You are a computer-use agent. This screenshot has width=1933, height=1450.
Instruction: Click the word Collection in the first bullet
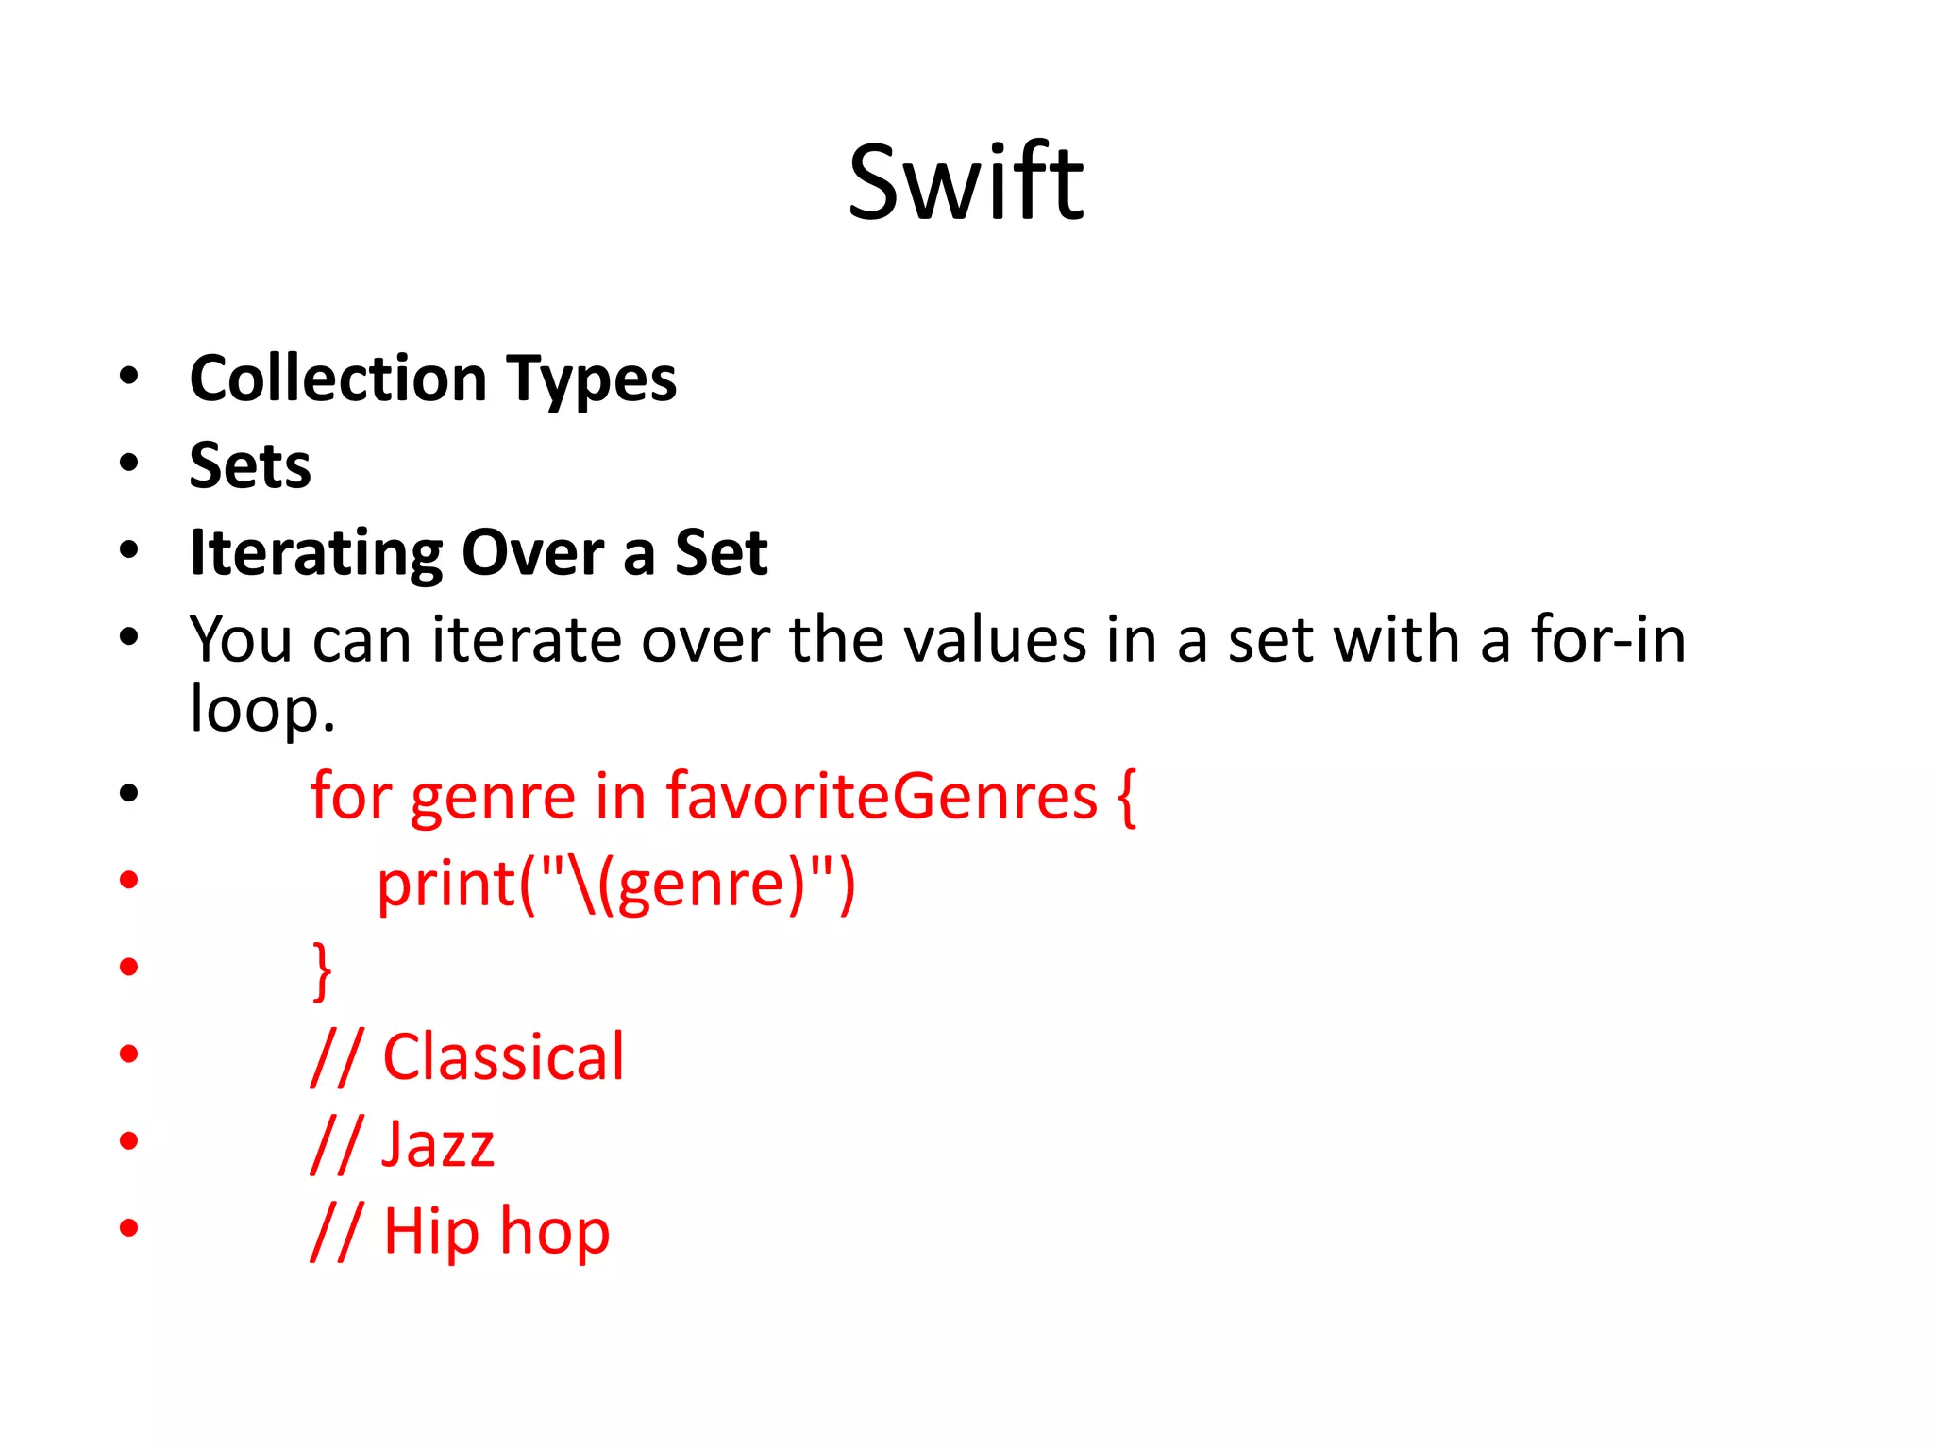click(338, 379)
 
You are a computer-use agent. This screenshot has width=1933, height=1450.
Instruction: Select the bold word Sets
click(250, 465)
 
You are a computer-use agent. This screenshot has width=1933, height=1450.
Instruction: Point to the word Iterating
click(316, 553)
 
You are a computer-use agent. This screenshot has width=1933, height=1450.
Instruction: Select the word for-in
click(1608, 640)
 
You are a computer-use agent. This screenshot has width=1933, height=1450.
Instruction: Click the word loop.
click(261, 710)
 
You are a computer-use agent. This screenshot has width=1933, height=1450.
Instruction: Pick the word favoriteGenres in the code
click(882, 796)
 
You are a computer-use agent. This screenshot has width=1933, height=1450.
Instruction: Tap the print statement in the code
click(615, 885)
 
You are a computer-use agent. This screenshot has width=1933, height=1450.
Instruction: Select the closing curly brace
click(322, 969)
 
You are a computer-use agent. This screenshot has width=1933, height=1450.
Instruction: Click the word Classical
click(503, 1057)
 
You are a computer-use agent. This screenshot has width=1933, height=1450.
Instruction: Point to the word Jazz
click(437, 1144)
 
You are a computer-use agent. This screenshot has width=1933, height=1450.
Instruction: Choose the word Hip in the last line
click(430, 1233)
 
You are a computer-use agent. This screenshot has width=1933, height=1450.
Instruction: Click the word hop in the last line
click(554, 1233)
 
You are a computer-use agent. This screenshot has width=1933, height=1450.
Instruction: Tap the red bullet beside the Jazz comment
click(129, 1141)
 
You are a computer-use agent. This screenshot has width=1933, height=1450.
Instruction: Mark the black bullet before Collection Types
click(129, 376)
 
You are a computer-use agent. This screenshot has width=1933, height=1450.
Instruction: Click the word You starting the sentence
click(241, 640)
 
